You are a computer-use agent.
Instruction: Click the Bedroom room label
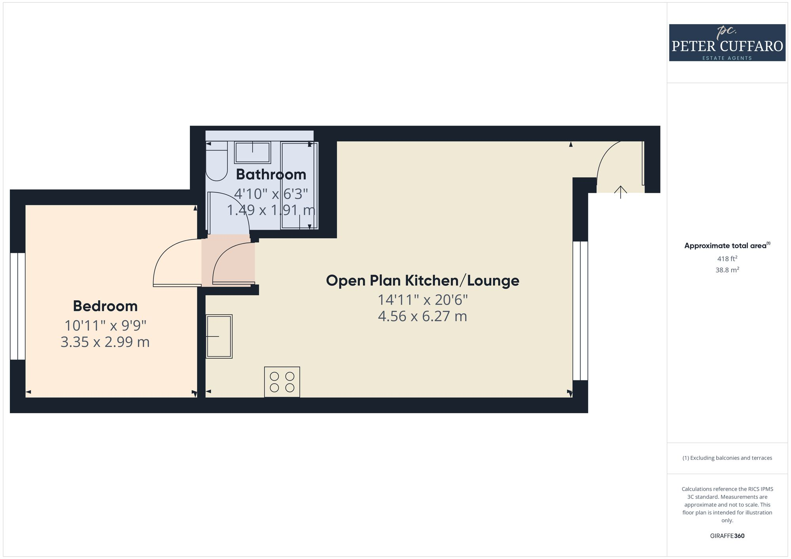click(105, 306)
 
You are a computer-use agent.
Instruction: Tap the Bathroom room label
click(271, 174)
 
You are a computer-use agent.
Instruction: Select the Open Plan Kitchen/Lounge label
click(422, 280)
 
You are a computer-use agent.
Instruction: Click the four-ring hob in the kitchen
click(282, 382)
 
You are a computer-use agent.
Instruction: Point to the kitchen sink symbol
click(219, 336)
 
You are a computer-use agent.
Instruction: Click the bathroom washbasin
click(252, 152)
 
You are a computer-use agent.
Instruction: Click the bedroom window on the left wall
click(18, 306)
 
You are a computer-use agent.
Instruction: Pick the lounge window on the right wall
click(580, 311)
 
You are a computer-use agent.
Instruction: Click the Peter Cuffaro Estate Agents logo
click(727, 43)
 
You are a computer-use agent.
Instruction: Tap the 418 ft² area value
click(727, 259)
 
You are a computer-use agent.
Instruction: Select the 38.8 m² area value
click(727, 270)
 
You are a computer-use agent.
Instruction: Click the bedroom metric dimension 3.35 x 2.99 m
click(105, 342)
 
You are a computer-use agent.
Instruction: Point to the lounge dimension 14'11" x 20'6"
click(422, 300)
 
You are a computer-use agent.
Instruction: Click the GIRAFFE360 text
click(727, 536)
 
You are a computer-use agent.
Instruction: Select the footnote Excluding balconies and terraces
click(727, 458)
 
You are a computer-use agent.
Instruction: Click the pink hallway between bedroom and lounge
click(228, 261)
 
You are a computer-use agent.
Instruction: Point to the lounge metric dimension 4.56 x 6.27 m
click(422, 316)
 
